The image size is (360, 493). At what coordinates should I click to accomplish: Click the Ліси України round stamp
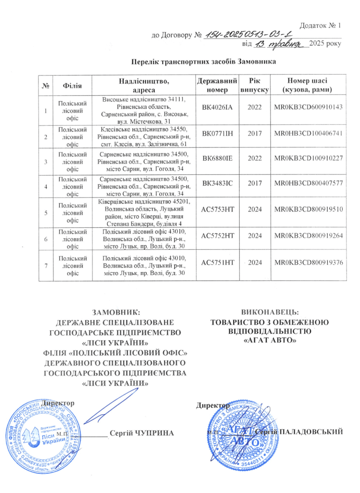pyautogui.click(x=47, y=433)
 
